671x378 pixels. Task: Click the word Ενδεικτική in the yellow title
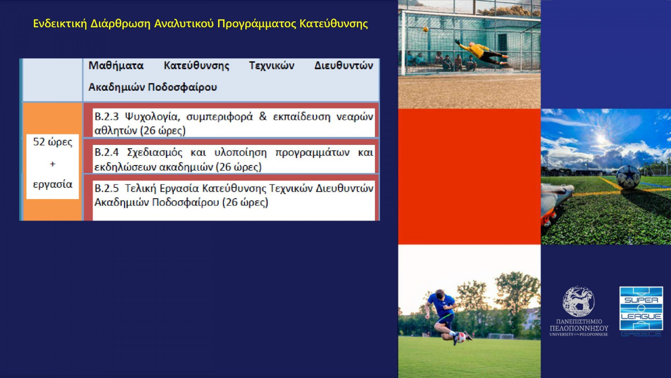tap(60, 23)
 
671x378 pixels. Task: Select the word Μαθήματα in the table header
tap(116, 65)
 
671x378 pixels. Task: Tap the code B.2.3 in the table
tap(107, 117)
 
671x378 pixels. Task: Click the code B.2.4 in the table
tap(107, 153)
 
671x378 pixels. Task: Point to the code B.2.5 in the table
tap(107, 188)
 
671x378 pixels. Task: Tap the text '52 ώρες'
tap(53, 142)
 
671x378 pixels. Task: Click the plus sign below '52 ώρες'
tap(53, 164)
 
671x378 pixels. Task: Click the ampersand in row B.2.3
tap(263, 117)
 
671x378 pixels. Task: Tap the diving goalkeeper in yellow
tap(482, 53)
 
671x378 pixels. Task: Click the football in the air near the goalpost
tap(425, 29)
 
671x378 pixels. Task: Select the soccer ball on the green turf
tap(628, 177)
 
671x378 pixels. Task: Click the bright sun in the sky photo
tap(602, 138)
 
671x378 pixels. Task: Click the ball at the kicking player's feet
tap(461, 337)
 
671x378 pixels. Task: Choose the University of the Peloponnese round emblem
tap(578, 302)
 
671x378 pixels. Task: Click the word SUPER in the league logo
tap(641, 300)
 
